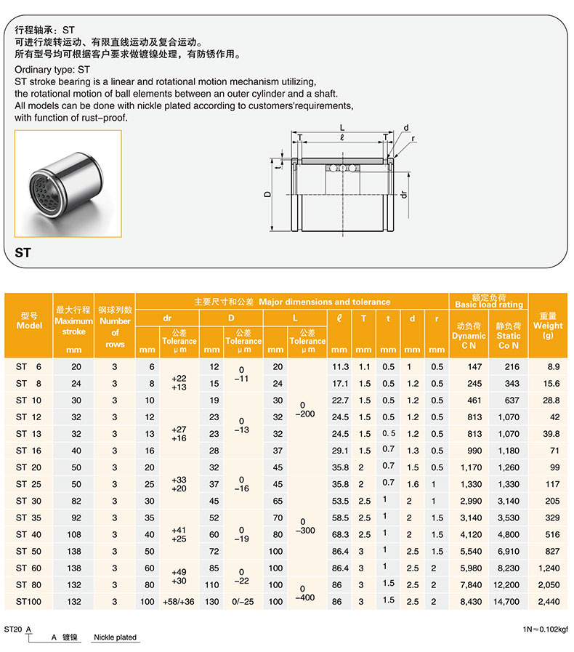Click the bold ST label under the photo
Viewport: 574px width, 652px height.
23,254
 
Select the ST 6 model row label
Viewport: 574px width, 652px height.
29,367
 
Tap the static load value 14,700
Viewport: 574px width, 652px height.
508,601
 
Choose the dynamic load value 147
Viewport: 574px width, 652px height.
469,367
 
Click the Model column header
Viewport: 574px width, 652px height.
29,321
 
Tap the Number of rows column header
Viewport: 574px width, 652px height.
115,326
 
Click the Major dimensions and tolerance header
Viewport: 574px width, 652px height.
292,302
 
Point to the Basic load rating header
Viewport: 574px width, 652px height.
488,301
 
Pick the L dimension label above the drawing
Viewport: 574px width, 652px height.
341,127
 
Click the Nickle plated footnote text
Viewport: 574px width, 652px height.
115,637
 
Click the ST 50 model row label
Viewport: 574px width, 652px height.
29,551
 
